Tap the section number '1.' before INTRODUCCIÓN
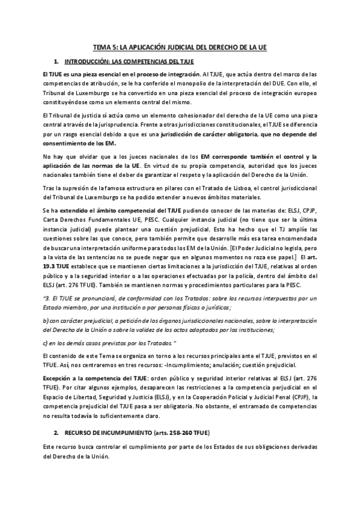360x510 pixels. (x=56, y=61)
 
